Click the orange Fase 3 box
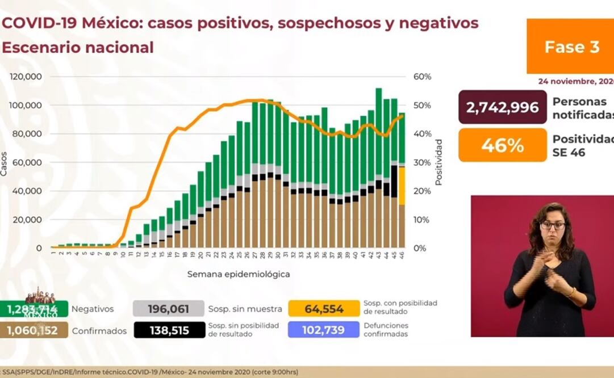pos(571,46)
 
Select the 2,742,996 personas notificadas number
pos(502,107)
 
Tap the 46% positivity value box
pos(502,145)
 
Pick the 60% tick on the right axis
pos(423,77)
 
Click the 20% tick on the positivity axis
pos(423,191)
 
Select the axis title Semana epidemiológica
pos(239,274)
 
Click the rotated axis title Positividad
pos(438,162)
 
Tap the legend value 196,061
pos(168,309)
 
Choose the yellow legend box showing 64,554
pos(324,309)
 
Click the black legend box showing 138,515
pos(169,330)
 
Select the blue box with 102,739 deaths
pos(324,330)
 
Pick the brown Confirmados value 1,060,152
pos(34,330)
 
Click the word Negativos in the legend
pos(93,309)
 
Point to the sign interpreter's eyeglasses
pos(552,225)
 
